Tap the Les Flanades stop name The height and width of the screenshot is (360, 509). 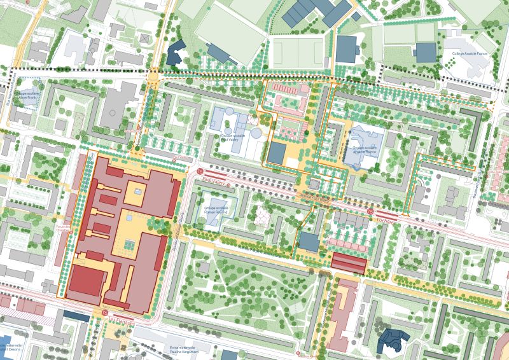click(x=122, y=322)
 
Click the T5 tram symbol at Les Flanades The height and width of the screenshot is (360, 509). click(x=104, y=312)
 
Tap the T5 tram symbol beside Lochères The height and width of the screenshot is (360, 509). click(x=370, y=211)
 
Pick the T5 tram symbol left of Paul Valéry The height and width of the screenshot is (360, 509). click(x=201, y=172)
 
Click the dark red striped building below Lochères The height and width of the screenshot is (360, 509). click(x=349, y=263)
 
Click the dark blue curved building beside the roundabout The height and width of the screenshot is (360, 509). click(x=174, y=54)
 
